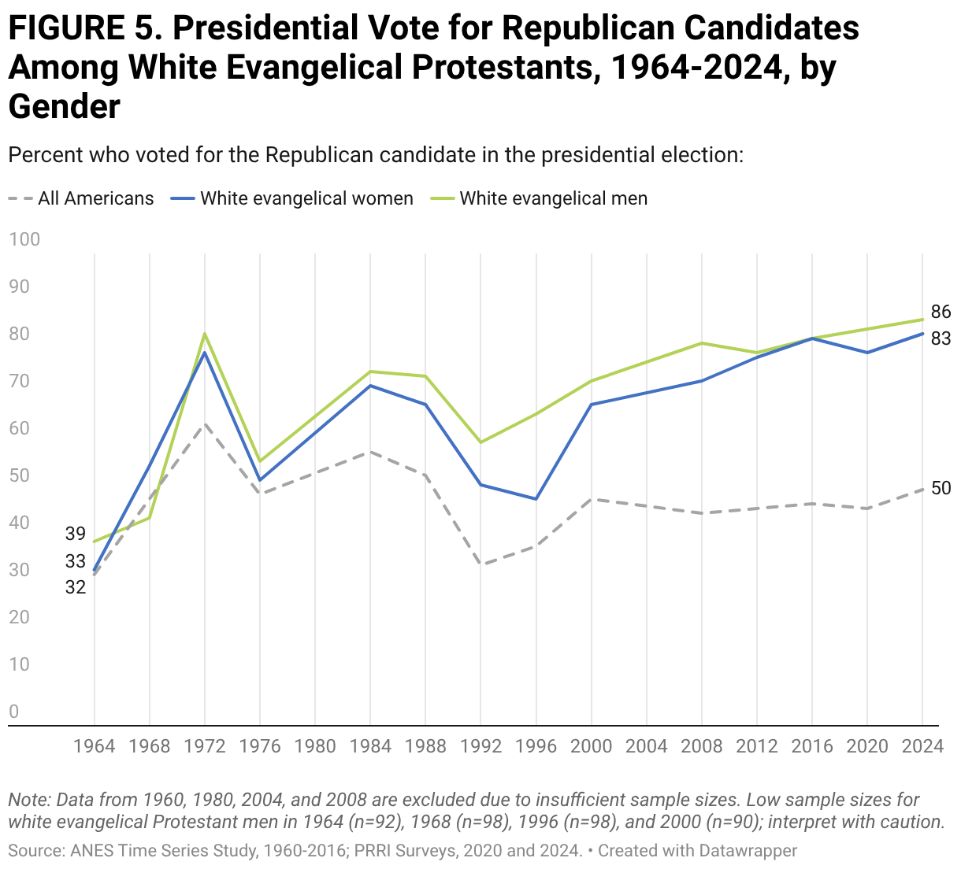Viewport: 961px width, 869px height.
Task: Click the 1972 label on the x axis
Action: pyautogui.click(x=205, y=746)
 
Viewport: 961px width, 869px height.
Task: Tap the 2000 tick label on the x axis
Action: pyautogui.click(x=591, y=746)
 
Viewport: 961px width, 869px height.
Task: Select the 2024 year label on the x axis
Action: pyautogui.click(x=922, y=746)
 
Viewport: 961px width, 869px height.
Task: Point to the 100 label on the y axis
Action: pyautogui.click(x=24, y=239)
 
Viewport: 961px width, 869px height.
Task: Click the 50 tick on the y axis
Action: pyautogui.click(x=19, y=475)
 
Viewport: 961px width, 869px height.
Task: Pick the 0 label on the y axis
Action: pyautogui.click(x=14, y=712)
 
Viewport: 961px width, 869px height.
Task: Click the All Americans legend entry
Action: pyautogui.click(x=81, y=198)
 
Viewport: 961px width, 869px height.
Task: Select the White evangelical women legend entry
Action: pyautogui.click(x=292, y=198)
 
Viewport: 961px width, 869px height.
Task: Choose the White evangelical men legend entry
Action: pyautogui.click(x=539, y=198)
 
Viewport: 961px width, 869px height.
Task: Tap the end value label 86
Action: pyautogui.click(x=941, y=312)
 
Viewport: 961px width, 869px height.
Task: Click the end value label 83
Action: pyautogui.click(x=941, y=338)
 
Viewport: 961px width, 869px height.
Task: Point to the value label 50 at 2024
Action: pyautogui.click(x=941, y=488)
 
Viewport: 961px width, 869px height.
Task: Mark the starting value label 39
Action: pyautogui.click(x=75, y=534)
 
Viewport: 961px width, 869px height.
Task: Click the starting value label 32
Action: pyautogui.click(x=75, y=587)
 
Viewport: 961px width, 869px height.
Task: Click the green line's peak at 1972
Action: pyautogui.click(x=205, y=334)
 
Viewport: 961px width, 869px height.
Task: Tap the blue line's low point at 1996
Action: pyautogui.click(x=536, y=499)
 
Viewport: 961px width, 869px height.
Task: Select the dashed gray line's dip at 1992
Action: pyautogui.click(x=480, y=565)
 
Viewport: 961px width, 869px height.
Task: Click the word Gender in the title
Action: pyautogui.click(x=64, y=106)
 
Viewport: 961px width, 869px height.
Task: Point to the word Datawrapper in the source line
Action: pyautogui.click(x=748, y=850)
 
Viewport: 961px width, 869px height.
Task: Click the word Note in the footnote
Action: pyautogui.click(x=30, y=800)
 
